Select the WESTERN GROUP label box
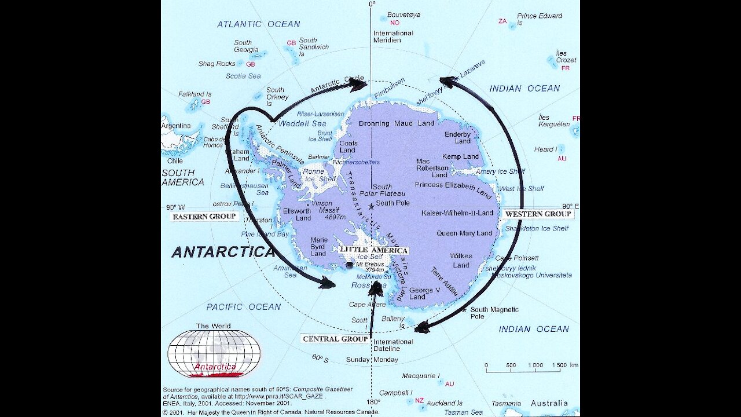coord(538,214)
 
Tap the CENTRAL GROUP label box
coord(335,339)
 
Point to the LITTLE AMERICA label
coord(373,250)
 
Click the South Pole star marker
coord(371,206)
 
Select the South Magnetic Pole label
coord(494,313)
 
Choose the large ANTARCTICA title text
coord(223,252)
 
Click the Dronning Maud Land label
coord(396,123)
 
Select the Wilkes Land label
coord(461,261)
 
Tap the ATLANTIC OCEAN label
coord(258,24)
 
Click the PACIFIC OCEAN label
coord(244,307)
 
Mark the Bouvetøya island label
coord(403,14)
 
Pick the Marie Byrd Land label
coord(319,246)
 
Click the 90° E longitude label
coord(570,206)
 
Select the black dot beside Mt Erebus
coord(349,265)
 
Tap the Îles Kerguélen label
coord(554,120)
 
